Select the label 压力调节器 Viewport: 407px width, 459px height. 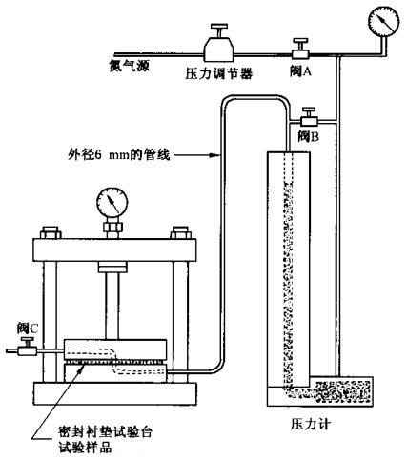tap(220, 73)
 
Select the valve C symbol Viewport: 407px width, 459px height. tap(23, 352)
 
